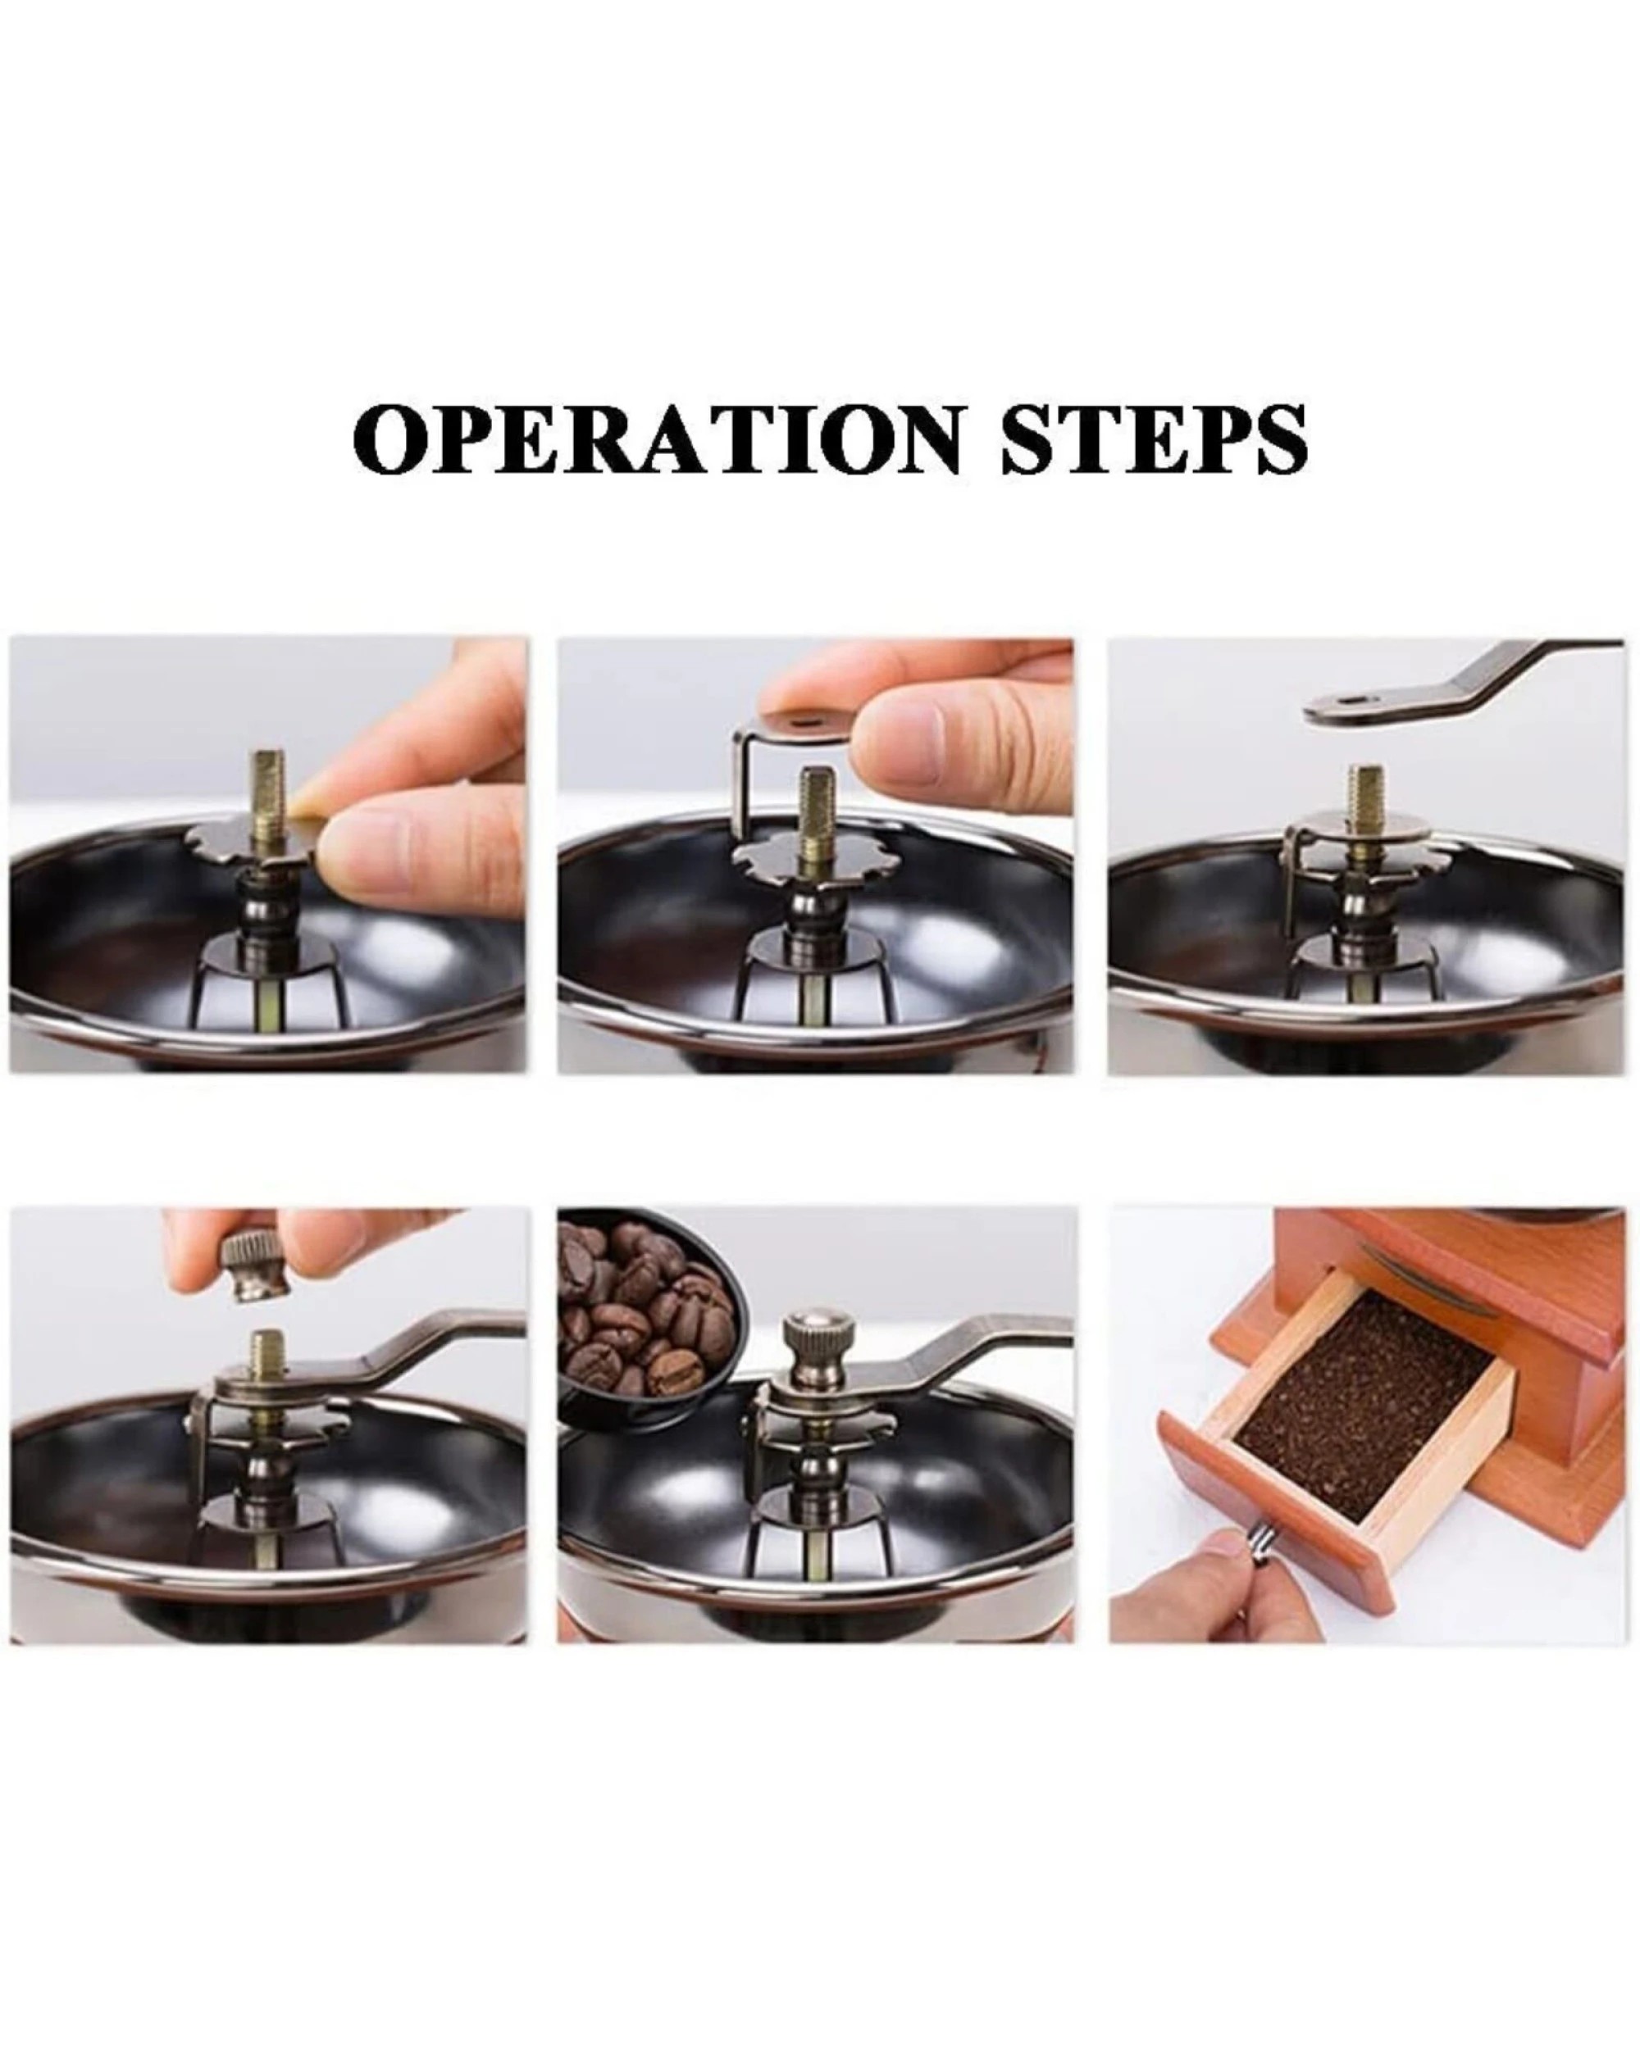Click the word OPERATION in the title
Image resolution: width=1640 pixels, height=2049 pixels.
click(x=656, y=439)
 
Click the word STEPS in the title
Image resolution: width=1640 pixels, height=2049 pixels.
click(x=1153, y=439)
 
